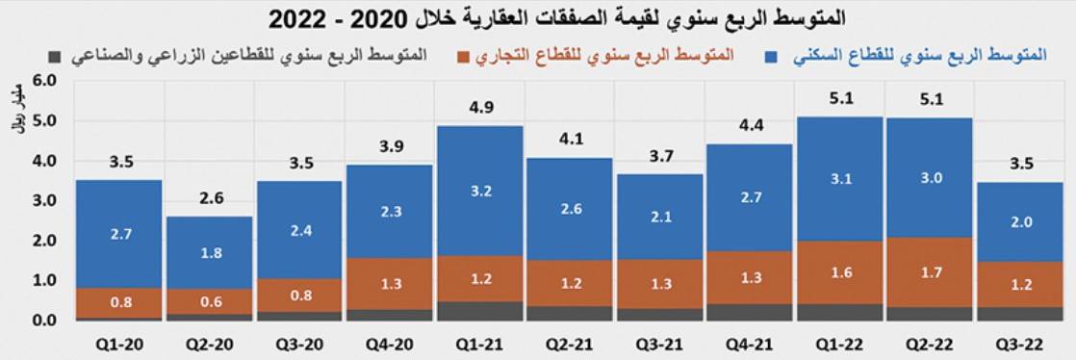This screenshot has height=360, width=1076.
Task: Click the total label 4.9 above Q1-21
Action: (x=481, y=108)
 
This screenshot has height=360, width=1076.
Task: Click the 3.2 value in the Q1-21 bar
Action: (x=481, y=191)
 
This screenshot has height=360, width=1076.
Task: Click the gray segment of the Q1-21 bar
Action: (x=481, y=311)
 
